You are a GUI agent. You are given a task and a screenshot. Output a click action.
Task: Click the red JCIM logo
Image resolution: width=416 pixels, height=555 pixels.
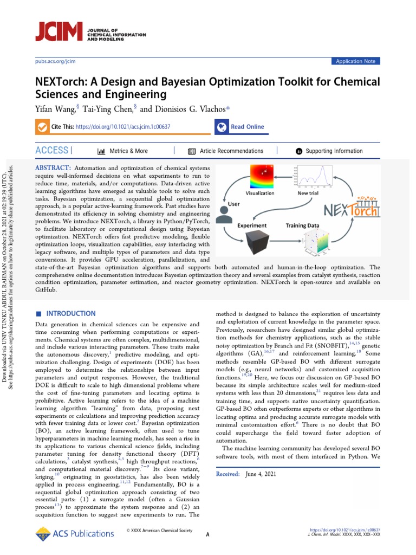coord(58,32)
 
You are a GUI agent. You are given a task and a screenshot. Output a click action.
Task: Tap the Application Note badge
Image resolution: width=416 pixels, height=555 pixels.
coord(355,61)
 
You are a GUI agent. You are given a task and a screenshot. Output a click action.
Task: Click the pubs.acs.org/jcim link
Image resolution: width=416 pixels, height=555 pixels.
coord(55,62)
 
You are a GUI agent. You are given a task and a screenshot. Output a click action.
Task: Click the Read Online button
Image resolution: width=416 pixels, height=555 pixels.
coord(247,127)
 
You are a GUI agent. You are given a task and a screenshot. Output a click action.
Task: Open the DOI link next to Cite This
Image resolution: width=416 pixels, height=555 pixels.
coord(123,127)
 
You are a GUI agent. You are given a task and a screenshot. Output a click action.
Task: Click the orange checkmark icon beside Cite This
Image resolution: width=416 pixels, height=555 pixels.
coord(42,127)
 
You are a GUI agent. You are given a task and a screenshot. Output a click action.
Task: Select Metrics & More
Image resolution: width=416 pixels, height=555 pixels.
coord(128,151)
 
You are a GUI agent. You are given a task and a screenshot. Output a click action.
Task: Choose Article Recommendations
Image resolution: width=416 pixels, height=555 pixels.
coord(231,151)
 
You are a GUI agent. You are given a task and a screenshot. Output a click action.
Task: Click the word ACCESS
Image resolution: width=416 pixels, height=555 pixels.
coord(52,150)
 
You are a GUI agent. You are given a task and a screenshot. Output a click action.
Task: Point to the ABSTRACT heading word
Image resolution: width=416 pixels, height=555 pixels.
coord(53,169)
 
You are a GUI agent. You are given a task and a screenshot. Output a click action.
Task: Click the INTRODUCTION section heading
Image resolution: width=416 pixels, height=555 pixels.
coord(71,313)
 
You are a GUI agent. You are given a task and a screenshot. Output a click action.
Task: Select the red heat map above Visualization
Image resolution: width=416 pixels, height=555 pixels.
coord(262,176)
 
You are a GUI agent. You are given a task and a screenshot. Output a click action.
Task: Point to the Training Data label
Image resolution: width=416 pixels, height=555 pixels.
coord(302,225)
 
